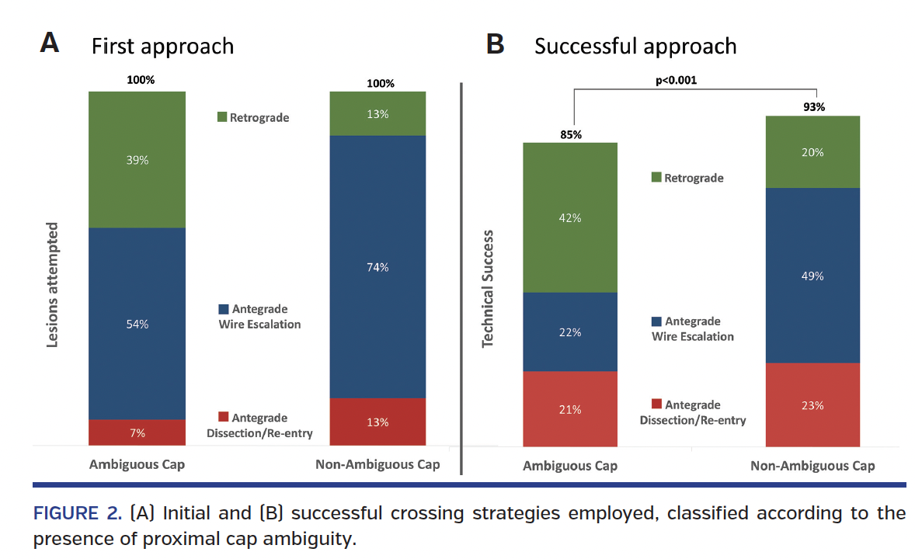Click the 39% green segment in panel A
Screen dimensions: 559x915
pyautogui.click(x=137, y=159)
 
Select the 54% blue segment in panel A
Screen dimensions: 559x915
pyautogui.click(x=137, y=324)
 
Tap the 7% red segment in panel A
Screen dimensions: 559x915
pyautogui.click(x=137, y=432)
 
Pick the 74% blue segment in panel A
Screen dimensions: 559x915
pyautogui.click(x=378, y=267)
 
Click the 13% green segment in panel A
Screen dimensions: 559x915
pyautogui.click(x=378, y=114)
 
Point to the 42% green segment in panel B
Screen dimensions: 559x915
pyautogui.click(x=569, y=218)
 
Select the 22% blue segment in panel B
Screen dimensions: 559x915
pyautogui.click(x=569, y=332)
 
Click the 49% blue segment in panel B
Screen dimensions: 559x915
pyautogui.click(x=812, y=276)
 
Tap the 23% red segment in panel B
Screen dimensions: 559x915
pyautogui.click(x=812, y=404)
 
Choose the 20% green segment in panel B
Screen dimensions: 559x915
pyautogui.click(x=812, y=152)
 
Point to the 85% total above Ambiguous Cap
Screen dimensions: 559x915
pyautogui.click(x=569, y=134)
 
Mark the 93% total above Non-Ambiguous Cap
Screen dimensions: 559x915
pyautogui.click(x=812, y=107)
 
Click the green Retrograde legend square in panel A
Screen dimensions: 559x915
pyautogui.click(x=221, y=118)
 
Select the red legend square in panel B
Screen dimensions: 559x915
pyautogui.click(x=656, y=404)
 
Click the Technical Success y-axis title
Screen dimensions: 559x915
pyautogui.click(x=488, y=288)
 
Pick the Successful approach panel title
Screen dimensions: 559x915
pyautogui.click(x=635, y=46)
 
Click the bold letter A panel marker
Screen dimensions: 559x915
pyautogui.click(x=49, y=43)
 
